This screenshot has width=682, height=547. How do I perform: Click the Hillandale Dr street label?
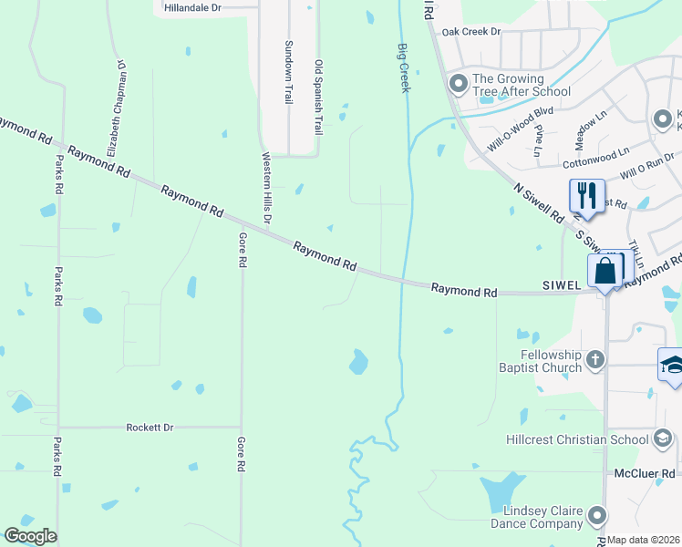192,7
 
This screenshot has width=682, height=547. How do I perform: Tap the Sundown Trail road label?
289,72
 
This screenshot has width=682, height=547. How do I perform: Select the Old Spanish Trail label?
318,98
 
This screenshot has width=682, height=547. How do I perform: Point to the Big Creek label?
403,68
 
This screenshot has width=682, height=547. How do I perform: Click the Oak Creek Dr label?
471,32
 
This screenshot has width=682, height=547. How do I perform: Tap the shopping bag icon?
604,271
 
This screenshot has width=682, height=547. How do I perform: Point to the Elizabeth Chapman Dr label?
118,109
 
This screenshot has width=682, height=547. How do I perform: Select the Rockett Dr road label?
150,427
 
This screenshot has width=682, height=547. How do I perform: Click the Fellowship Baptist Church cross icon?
594,359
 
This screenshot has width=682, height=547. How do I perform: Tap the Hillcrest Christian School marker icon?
661,439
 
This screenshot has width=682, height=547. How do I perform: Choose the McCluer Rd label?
644,474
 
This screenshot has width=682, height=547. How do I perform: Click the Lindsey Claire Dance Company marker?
597,516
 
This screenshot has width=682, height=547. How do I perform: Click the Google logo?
30,536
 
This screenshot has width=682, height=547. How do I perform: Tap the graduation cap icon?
673,366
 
